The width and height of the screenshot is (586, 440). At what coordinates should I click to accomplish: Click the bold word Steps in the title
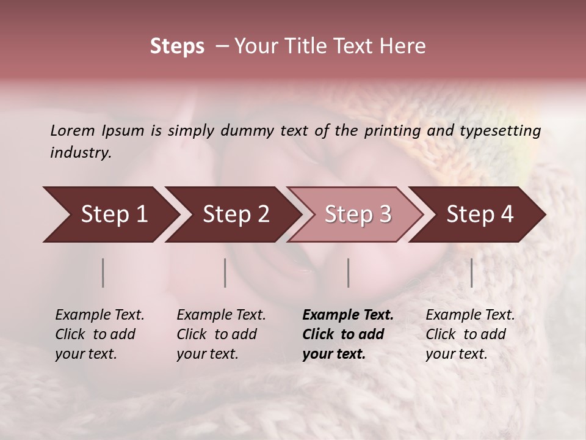(177, 46)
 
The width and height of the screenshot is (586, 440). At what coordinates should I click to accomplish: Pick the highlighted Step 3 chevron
(358, 215)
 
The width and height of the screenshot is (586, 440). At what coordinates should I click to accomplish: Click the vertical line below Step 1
(103, 273)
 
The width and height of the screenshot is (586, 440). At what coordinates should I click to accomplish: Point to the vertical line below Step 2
(225, 273)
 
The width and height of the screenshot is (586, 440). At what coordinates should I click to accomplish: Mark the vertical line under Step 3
(348, 273)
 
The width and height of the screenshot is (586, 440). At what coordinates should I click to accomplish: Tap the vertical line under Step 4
(471, 273)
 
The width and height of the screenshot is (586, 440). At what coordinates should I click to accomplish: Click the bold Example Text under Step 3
(348, 315)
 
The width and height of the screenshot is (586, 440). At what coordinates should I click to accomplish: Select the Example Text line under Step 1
(99, 315)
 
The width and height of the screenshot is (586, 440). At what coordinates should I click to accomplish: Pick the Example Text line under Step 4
(470, 315)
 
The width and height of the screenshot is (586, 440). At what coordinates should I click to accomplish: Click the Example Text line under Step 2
(221, 315)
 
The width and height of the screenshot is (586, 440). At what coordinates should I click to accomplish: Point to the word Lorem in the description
(73, 131)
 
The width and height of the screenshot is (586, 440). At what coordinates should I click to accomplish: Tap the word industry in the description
(81, 153)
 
